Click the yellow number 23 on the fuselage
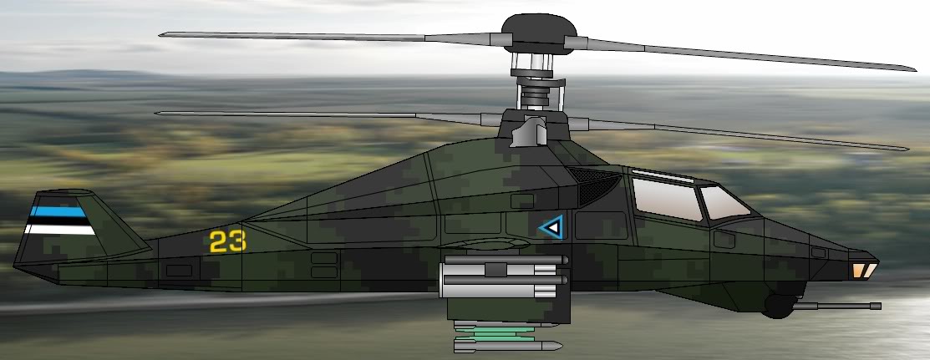[x=228, y=241]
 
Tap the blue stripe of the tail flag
[x=58, y=211]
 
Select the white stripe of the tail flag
[x=60, y=229]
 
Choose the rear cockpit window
[x=667, y=199]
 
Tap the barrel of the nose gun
[x=837, y=306]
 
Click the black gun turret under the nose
[x=778, y=306]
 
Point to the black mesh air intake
[x=594, y=185]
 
